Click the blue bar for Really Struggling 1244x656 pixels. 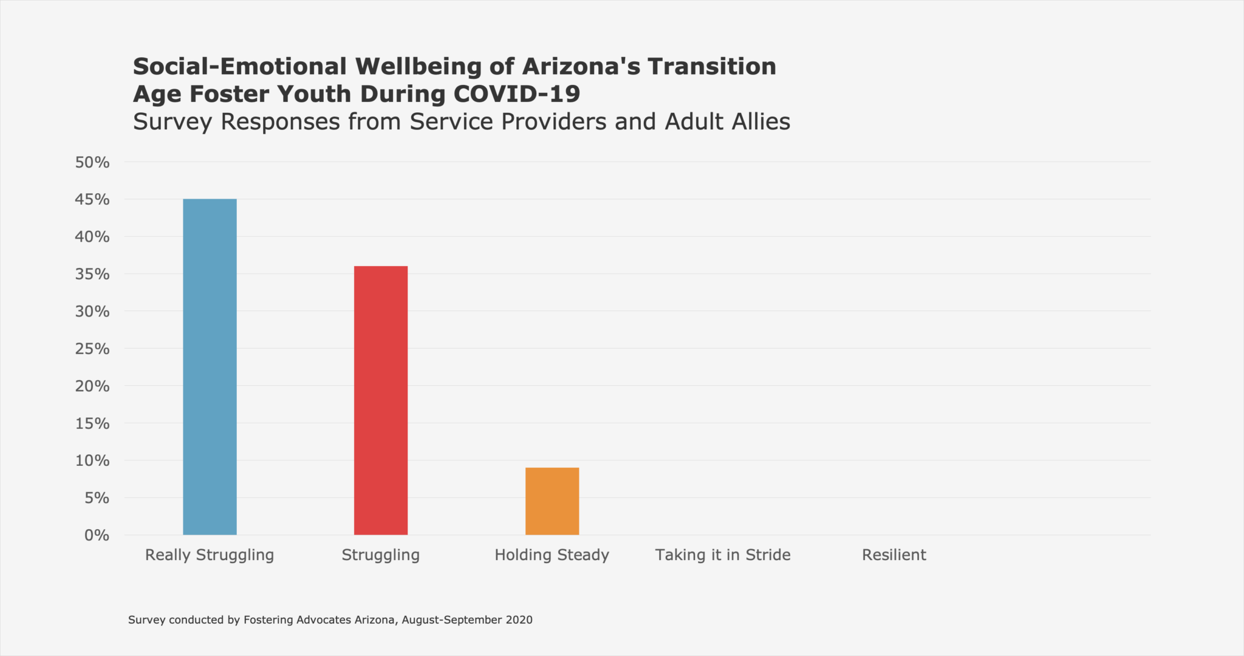point(210,367)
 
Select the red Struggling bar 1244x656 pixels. point(381,400)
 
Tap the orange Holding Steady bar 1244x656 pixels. point(552,501)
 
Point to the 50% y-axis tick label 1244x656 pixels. point(92,162)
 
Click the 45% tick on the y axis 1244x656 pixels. point(92,199)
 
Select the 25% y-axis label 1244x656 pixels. point(92,349)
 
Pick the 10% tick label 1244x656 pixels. point(92,460)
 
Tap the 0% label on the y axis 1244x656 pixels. point(97,535)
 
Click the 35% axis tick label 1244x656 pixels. point(92,274)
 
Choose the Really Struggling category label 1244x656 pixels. point(210,555)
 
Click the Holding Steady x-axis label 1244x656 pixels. point(552,555)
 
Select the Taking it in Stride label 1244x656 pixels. point(723,555)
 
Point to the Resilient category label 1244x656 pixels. point(894,555)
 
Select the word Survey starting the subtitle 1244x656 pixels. point(173,121)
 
